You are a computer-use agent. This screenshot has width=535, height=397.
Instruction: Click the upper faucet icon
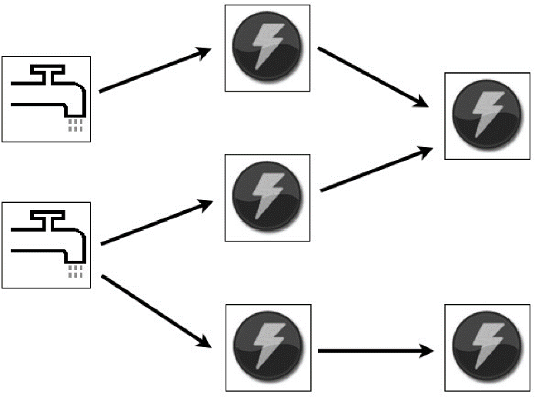(47, 99)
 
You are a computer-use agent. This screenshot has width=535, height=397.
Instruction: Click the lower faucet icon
(47, 245)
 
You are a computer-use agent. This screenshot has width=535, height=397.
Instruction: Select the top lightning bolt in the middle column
(266, 47)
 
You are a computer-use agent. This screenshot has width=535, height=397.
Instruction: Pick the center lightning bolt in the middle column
(266, 196)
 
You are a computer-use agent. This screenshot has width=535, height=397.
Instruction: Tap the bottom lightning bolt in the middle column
(268, 347)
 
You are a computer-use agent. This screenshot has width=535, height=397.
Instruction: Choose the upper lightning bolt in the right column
(487, 115)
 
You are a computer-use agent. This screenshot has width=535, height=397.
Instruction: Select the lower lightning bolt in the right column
(487, 348)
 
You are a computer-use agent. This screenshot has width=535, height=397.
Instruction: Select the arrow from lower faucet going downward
(154, 310)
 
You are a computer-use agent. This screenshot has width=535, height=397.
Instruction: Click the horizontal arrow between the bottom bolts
(374, 352)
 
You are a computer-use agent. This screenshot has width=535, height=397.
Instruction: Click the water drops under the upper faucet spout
(75, 125)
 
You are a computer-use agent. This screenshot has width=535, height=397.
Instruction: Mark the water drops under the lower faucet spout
(75, 272)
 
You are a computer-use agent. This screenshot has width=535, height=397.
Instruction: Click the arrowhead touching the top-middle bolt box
(204, 52)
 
